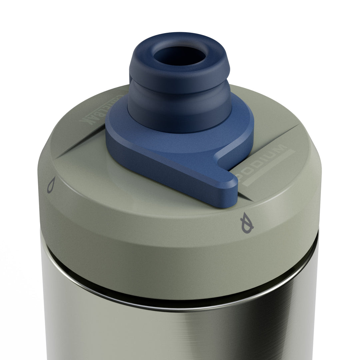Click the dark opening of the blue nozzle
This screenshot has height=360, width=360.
(x=179, y=56)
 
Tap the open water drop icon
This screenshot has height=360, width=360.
(x=51, y=185)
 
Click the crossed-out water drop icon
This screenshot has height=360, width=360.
(x=247, y=223)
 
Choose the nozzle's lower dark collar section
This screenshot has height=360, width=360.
(x=180, y=107)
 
